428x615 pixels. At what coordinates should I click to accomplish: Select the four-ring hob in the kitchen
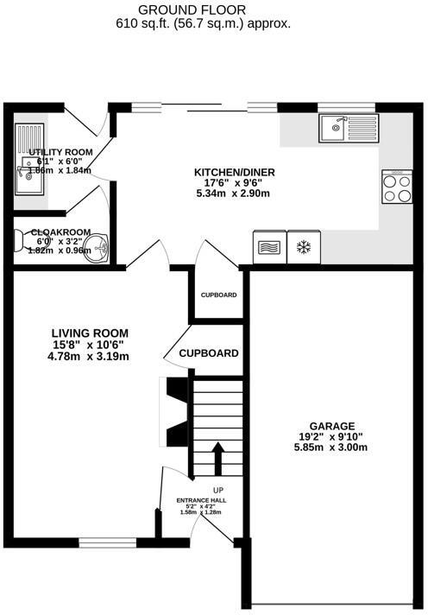pos(397,187)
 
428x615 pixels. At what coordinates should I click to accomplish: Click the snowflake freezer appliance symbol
pos(303,247)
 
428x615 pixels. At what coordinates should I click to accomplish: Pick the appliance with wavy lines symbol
pos(268,247)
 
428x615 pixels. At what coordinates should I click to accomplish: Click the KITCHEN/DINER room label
pos(233,172)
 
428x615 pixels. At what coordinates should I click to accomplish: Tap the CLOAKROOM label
pos(61,232)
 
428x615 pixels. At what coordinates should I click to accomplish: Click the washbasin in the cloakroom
pos(101,248)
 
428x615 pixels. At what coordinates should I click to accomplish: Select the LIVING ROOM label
pos(89,333)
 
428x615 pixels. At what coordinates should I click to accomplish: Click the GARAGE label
pos(333,426)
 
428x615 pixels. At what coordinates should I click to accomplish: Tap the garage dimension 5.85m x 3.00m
pos(333,447)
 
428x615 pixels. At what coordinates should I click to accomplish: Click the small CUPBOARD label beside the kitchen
pos(218,295)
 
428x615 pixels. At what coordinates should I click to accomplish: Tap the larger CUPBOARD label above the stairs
pos(209,353)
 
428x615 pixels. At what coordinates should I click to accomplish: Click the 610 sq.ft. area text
pos(203,24)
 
